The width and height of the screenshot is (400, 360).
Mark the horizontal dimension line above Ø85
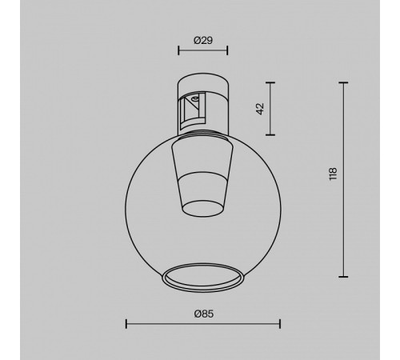click(202, 324)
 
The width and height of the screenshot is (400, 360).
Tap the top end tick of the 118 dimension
click(345, 82)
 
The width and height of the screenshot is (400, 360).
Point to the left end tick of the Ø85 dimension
click(126, 324)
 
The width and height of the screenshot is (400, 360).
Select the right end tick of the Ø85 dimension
click(279, 324)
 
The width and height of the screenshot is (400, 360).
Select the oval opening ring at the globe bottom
click(202, 278)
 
